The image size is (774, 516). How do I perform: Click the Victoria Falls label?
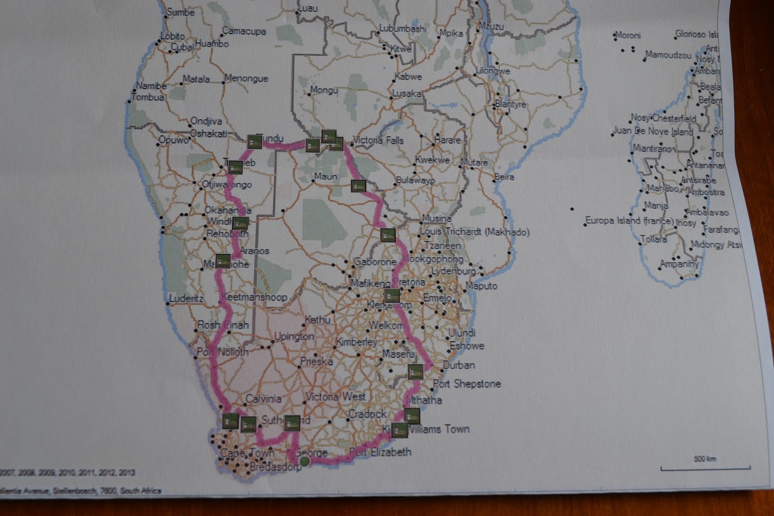click(378, 140)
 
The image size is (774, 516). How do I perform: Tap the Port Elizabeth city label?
click(380, 452)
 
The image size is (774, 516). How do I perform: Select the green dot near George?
click(304, 462)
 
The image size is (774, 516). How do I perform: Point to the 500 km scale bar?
click(705, 467)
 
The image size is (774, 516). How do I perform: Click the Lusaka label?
click(406, 93)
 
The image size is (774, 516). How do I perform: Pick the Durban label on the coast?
click(459, 365)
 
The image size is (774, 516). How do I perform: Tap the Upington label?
click(294, 336)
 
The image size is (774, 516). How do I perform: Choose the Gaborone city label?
click(375, 262)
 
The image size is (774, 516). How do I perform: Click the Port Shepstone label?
click(467, 384)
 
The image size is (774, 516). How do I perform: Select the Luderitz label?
click(186, 298)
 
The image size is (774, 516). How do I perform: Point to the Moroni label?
click(628, 35)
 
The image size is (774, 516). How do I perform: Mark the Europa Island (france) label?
click(629, 221)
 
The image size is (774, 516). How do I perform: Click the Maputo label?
click(481, 286)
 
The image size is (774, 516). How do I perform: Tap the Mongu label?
click(324, 90)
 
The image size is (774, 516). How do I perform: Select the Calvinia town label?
click(263, 399)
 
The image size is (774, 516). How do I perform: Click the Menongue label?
click(246, 78)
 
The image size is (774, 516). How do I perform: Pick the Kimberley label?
click(357, 342)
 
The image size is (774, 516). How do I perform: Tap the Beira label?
click(504, 177)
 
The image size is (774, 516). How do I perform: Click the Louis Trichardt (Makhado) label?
click(475, 232)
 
